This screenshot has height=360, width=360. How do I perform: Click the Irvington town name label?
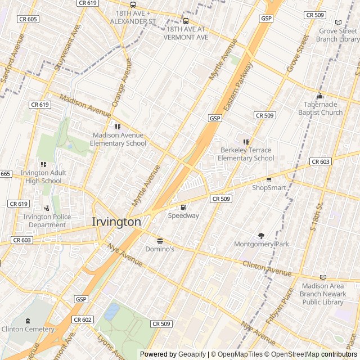tap(116, 222)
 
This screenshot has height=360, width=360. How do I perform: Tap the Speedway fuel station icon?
tap(183, 207)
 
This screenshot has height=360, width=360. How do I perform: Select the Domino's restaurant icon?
tap(160, 240)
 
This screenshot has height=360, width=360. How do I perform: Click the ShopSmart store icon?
tap(269, 179)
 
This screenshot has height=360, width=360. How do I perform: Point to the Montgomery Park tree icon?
tap(261, 236)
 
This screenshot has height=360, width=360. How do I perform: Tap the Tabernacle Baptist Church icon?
tap(320, 96)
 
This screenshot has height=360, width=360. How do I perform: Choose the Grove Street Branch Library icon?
tap(338, 23)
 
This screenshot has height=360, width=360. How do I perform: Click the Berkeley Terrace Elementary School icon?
tap(246, 142)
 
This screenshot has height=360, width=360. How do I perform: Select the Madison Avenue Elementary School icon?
tap(118, 127)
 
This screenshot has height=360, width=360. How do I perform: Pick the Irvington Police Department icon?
tap(46, 208)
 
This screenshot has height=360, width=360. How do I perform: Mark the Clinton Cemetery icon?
tap(27, 320)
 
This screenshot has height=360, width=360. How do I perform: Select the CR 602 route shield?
tap(82, 319)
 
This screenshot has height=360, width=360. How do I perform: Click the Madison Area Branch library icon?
tap(323, 277)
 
